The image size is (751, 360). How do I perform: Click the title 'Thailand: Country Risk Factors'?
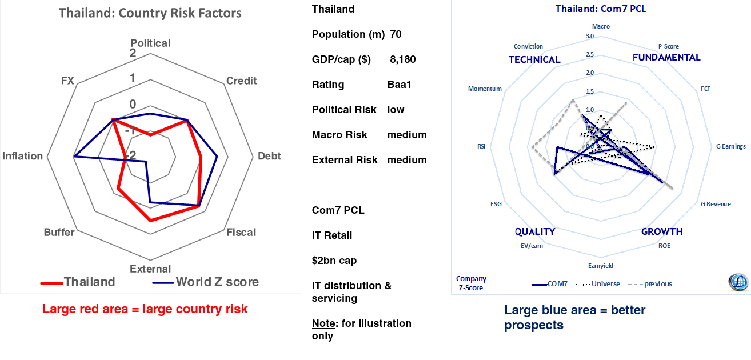(x=150, y=13)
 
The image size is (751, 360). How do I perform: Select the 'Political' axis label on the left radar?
(x=150, y=43)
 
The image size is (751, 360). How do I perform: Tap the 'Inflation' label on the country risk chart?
(x=23, y=156)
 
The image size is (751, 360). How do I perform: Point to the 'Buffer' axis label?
(x=59, y=233)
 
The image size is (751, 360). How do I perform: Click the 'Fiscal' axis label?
(x=241, y=233)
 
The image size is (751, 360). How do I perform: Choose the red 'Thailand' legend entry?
(x=89, y=282)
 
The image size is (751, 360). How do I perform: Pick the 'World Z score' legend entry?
(x=217, y=282)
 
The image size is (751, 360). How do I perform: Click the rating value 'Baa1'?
(x=400, y=85)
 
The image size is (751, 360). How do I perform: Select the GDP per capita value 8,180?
(x=403, y=59)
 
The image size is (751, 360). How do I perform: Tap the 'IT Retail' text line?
(x=332, y=235)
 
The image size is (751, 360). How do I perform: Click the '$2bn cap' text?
(x=334, y=261)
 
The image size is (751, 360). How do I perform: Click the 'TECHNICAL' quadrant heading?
(x=534, y=59)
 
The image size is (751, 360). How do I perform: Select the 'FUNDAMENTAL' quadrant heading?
(x=666, y=57)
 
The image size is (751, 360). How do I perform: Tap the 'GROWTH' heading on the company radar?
(x=662, y=231)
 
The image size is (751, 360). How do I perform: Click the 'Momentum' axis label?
(x=485, y=89)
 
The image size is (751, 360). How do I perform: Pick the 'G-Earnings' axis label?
(x=731, y=146)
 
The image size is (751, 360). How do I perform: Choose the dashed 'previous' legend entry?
(x=657, y=284)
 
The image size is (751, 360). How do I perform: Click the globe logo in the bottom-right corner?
(x=738, y=283)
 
